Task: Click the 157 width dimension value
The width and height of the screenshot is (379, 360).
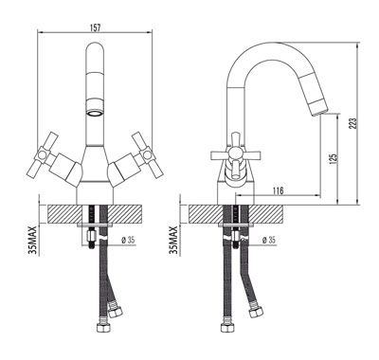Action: [95, 27]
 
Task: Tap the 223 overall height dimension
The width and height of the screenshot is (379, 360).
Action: [353, 123]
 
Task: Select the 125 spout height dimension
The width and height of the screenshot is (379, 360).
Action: [334, 157]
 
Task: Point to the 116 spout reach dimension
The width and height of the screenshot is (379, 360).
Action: [278, 190]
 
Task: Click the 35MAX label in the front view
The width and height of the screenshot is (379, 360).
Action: [34, 240]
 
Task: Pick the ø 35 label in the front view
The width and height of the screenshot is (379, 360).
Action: [128, 241]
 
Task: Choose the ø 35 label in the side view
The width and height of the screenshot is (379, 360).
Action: [269, 241]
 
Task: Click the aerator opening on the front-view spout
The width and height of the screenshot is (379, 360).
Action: [95, 113]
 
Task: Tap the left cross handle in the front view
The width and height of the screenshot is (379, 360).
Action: [46, 155]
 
